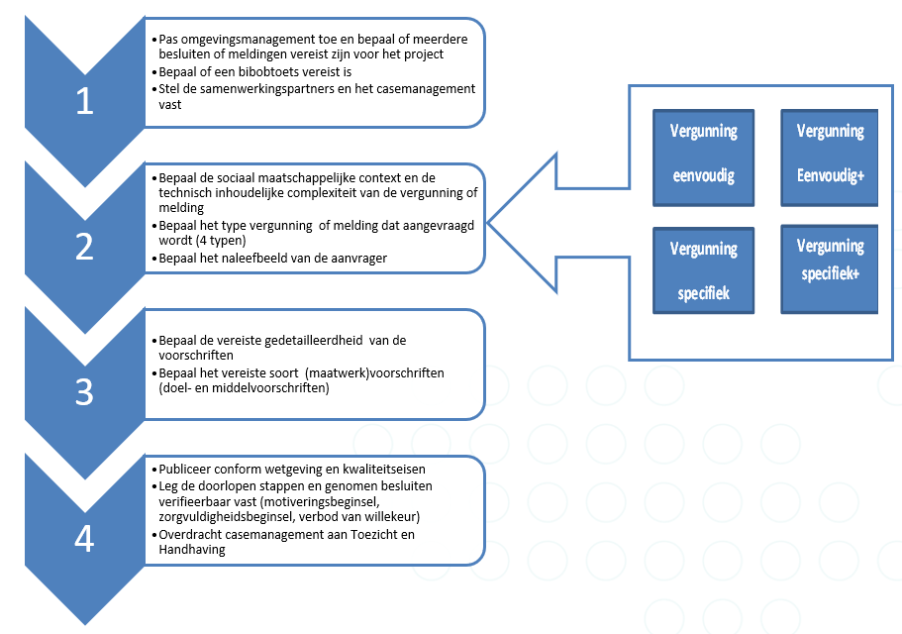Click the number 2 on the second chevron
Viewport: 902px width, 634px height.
[x=85, y=247]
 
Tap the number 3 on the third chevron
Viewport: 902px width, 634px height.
[x=85, y=392]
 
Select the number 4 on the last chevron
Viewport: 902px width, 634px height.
[x=85, y=538]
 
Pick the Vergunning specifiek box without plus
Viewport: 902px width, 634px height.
[x=703, y=269]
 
